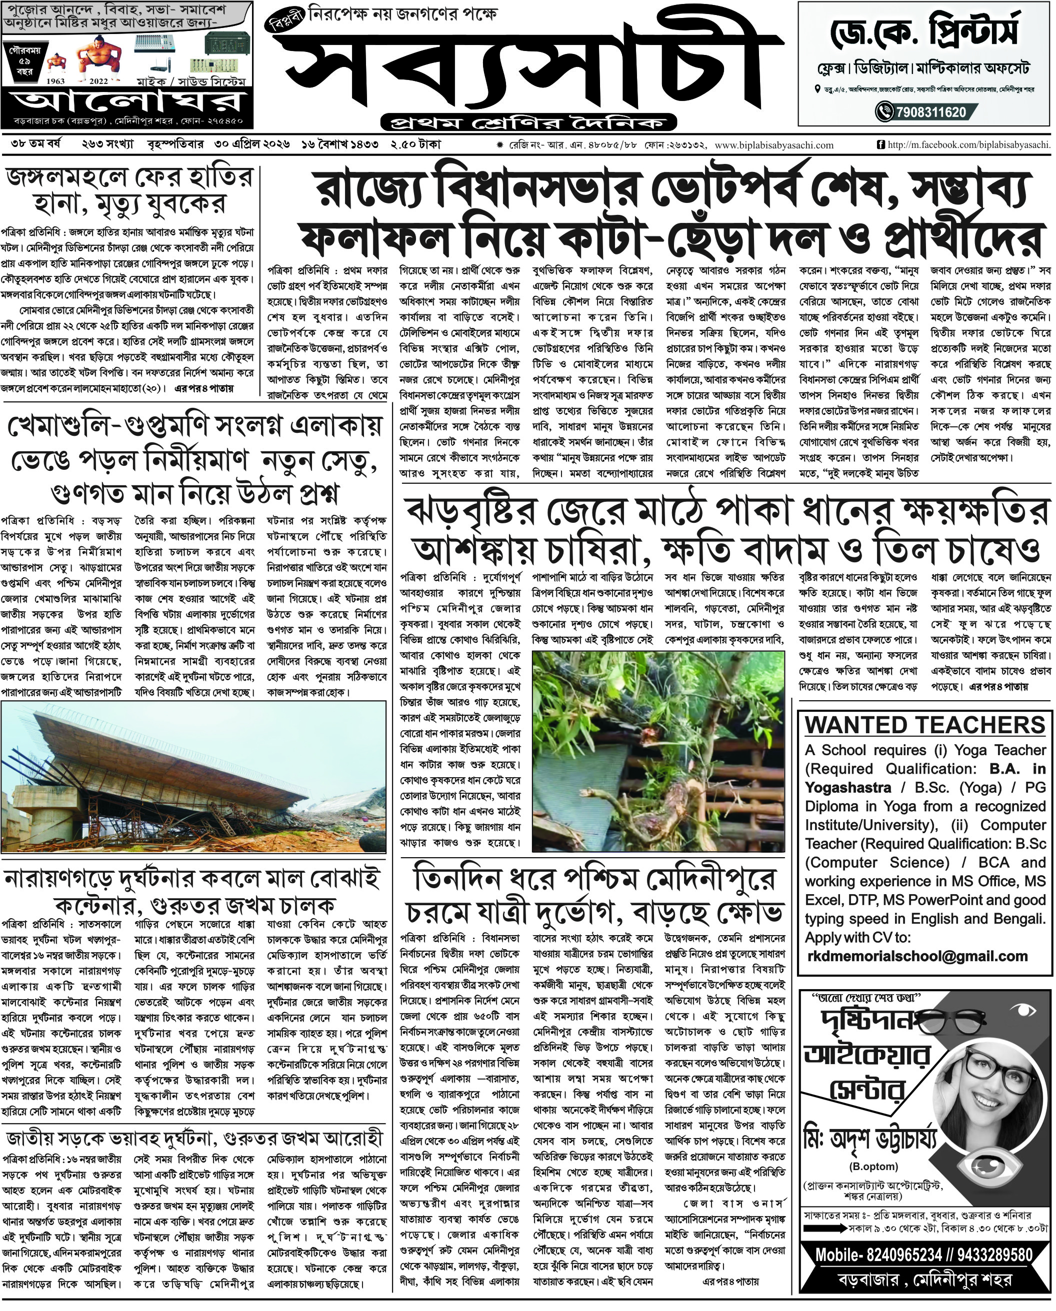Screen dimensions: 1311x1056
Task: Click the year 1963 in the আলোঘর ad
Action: click(x=56, y=81)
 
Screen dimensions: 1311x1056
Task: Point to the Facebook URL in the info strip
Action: click(x=967, y=145)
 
